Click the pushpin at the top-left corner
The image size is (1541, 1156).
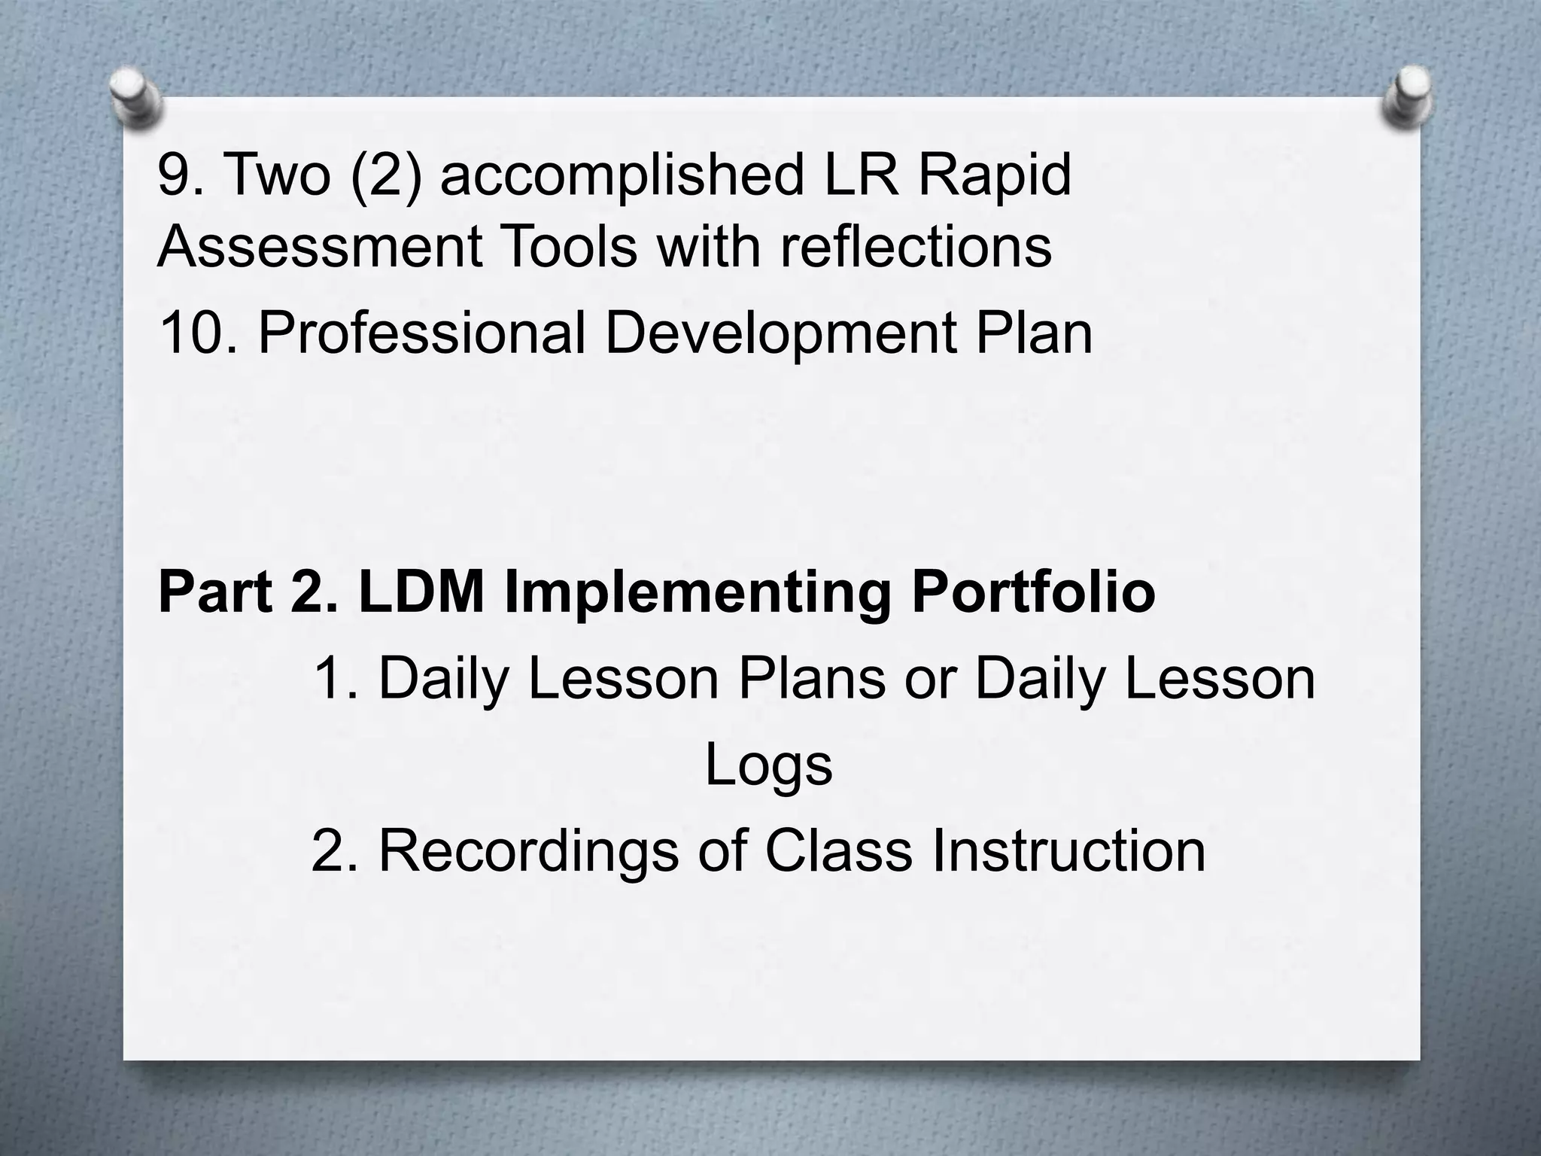(135, 97)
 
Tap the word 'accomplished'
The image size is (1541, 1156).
(621, 176)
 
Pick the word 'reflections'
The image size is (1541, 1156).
(915, 247)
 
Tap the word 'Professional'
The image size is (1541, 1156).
(421, 333)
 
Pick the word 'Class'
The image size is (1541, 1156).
(837, 851)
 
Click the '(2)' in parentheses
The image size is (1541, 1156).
(386, 176)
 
